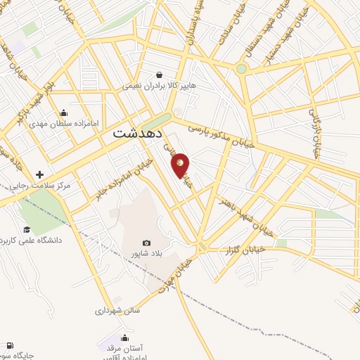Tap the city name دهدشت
point(138,132)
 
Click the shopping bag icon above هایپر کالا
point(160,75)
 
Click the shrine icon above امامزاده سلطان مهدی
point(64,112)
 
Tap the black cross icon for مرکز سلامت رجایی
point(39,174)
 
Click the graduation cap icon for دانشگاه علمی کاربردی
point(27,229)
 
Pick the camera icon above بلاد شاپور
point(146,243)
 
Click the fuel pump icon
point(8,345)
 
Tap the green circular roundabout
point(241,69)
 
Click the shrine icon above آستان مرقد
point(125,337)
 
